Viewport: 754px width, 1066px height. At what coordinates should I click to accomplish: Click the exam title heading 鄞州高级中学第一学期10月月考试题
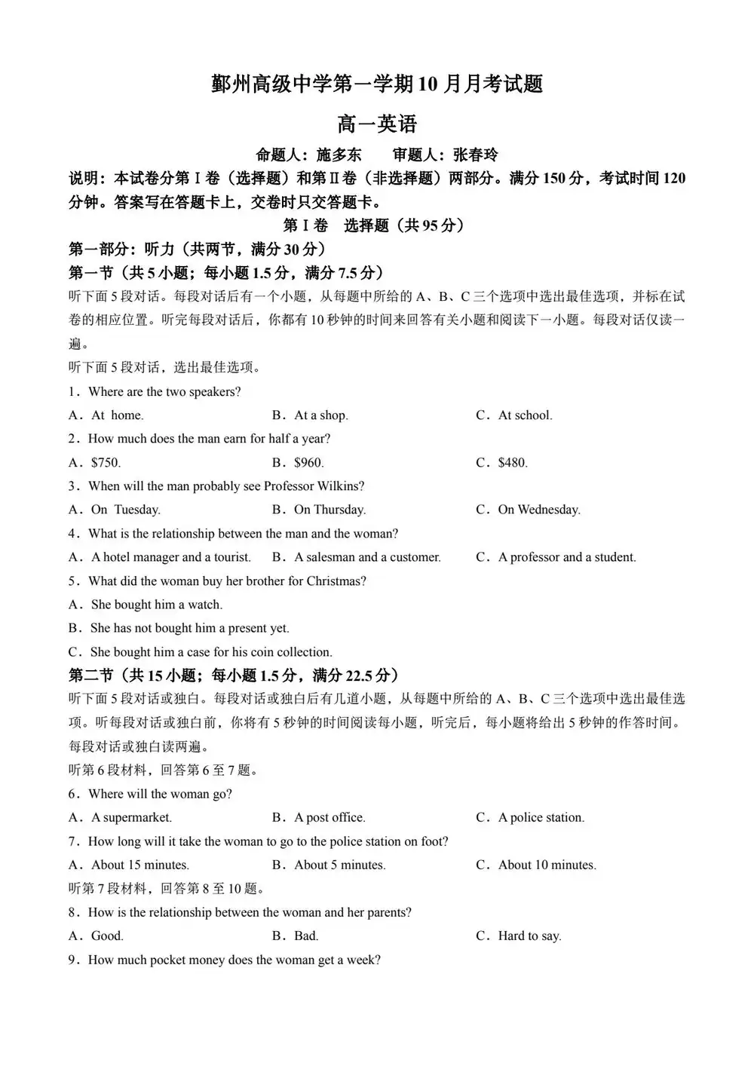[x=377, y=84]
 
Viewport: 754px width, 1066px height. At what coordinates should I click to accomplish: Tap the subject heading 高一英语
[x=377, y=124]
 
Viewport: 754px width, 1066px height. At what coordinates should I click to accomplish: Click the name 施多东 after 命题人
[x=339, y=155]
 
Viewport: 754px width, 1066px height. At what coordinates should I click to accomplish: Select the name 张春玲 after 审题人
[x=476, y=155]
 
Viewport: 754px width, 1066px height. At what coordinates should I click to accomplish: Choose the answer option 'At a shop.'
[x=320, y=415]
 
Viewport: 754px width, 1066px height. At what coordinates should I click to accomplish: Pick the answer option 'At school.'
[x=525, y=415]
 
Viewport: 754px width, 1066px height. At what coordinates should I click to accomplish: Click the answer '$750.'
[x=106, y=463]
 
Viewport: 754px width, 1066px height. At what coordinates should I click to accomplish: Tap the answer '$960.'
[x=308, y=463]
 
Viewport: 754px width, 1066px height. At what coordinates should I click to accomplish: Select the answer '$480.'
[x=513, y=463]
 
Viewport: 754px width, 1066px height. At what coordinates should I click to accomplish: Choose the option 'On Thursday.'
[x=329, y=510]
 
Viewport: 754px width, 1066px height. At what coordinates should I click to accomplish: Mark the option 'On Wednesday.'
[x=538, y=510]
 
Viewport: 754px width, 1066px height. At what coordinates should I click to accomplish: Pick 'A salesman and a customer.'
[x=367, y=558]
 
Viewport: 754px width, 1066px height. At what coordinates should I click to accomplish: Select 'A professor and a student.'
[x=567, y=558]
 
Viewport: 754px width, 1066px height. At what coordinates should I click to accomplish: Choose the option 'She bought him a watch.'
[x=156, y=605]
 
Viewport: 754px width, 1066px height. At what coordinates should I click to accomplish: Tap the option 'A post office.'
[x=329, y=818]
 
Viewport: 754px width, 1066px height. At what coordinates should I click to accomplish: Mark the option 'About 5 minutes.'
[x=339, y=865]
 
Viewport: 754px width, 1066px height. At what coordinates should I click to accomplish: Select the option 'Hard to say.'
[x=529, y=936]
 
